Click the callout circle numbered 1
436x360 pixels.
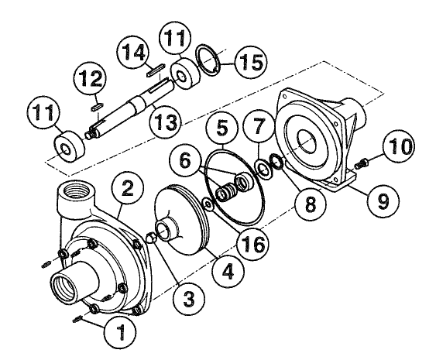118,334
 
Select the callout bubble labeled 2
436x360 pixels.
129,187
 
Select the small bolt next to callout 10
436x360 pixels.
361,163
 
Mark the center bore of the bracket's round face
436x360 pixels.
306,147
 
